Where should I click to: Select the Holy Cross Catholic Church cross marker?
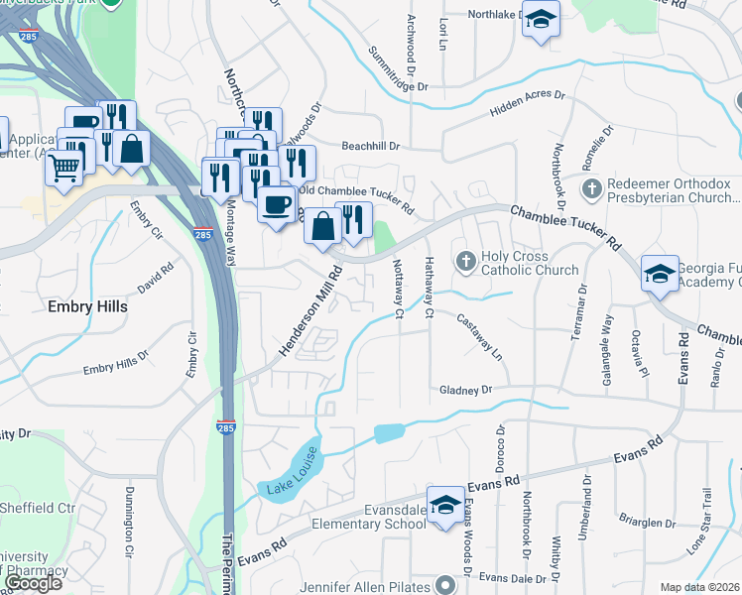(x=466, y=262)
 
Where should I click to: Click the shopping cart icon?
(x=63, y=168)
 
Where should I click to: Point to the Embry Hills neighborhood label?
(x=87, y=307)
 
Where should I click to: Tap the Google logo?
(x=32, y=583)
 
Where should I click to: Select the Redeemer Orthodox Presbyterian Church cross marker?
(x=591, y=187)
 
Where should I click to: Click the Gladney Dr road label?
(x=465, y=391)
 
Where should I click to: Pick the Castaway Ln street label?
(x=480, y=336)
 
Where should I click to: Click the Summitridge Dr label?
(x=397, y=68)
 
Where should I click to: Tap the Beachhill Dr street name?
(x=369, y=146)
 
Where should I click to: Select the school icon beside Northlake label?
(x=541, y=20)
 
